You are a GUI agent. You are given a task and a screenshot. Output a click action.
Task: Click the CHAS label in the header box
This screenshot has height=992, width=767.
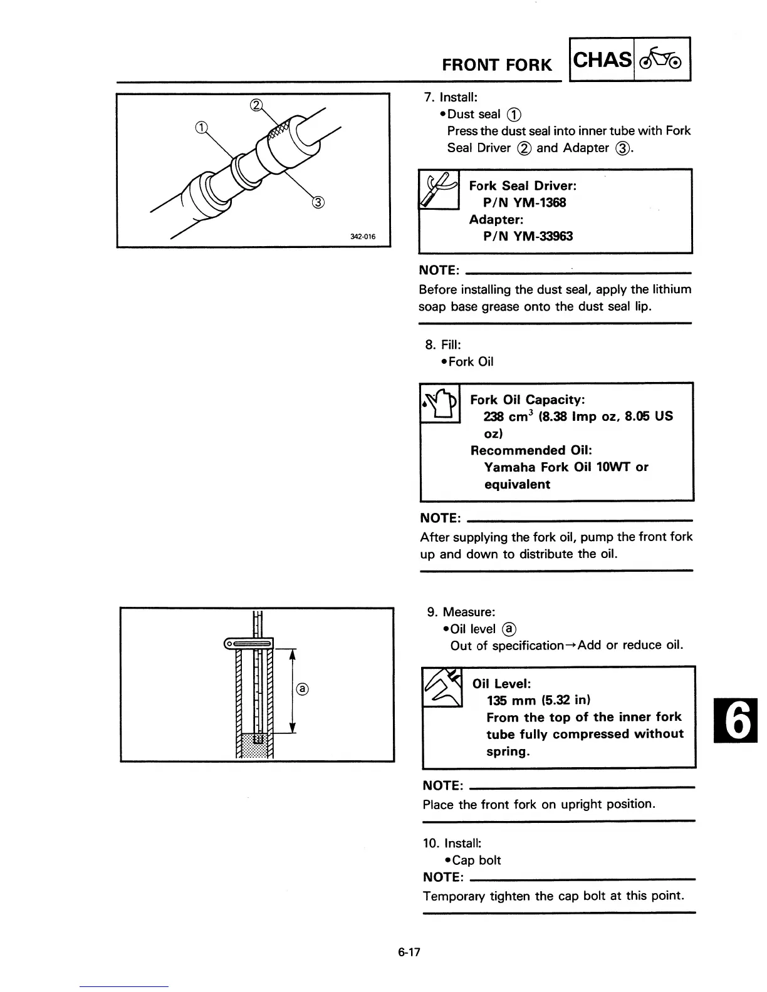(602, 60)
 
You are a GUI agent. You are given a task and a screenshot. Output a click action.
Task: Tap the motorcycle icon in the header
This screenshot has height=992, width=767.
(662, 60)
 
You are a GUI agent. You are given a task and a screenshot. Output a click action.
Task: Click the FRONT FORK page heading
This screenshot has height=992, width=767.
(497, 65)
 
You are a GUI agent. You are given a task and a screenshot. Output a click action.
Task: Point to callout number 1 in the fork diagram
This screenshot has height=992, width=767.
(201, 130)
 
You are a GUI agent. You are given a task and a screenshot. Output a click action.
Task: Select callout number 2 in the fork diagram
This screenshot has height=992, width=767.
(256, 105)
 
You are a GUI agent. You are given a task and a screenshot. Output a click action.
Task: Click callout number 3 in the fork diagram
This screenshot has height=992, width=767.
(318, 202)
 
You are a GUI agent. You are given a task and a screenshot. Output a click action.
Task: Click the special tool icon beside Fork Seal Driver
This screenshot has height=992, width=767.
(439, 189)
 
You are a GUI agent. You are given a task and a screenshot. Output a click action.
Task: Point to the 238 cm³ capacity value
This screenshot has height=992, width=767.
(508, 416)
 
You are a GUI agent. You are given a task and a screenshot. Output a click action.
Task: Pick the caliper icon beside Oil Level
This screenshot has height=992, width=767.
(442, 686)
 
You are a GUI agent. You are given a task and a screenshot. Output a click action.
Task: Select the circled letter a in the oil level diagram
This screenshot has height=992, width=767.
(302, 689)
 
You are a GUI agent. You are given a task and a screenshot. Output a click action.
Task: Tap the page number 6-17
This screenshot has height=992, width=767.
(408, 953)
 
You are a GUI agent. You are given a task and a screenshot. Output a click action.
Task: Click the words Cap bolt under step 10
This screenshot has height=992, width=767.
(476, 860)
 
